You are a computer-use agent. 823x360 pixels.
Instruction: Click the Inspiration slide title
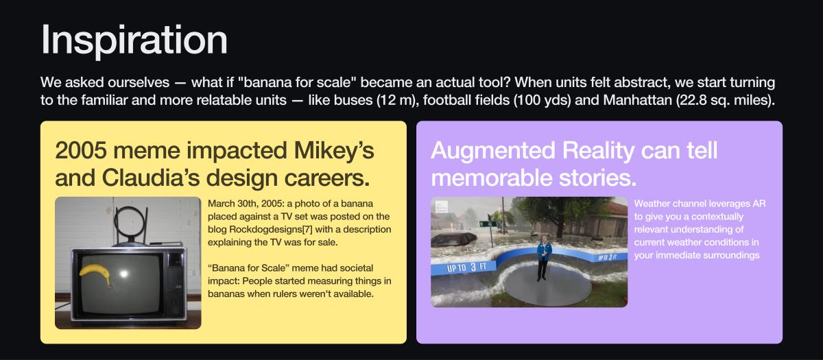(x=134, y=40)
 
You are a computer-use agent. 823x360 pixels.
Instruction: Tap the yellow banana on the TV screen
(x=95, y=274)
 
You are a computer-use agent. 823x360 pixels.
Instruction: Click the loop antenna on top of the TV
(x=130, y=223)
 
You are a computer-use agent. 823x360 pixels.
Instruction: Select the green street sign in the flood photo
(x=490, y=224)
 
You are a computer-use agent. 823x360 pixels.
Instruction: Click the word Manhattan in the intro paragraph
(x=637, y=100)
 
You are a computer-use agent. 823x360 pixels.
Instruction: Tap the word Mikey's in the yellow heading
(x=334, y=151)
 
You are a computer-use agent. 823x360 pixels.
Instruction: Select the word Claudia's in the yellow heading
(x=151, y=178)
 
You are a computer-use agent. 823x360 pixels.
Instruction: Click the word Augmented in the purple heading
(x=493, y=151)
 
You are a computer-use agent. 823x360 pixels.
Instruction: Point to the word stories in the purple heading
(x=598, y=178)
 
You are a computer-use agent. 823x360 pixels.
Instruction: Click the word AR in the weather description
(x=759, y=204)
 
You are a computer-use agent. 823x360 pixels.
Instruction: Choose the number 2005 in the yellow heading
(x=81, y=150)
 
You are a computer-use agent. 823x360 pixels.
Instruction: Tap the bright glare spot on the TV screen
(x=123, y=274)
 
